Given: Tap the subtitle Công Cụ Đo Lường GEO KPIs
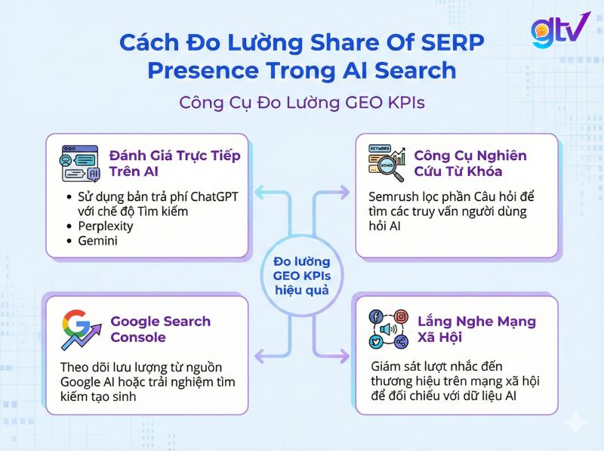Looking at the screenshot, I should [x=302, y=102].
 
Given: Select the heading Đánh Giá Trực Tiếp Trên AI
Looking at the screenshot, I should [x=175, y=163].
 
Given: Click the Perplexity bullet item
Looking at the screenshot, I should [x=106, y=226].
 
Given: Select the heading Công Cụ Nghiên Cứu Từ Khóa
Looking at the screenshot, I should [x=470, y=163].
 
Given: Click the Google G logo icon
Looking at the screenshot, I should [x=78, y=329].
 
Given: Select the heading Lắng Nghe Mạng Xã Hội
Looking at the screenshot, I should [x=476, y=329].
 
